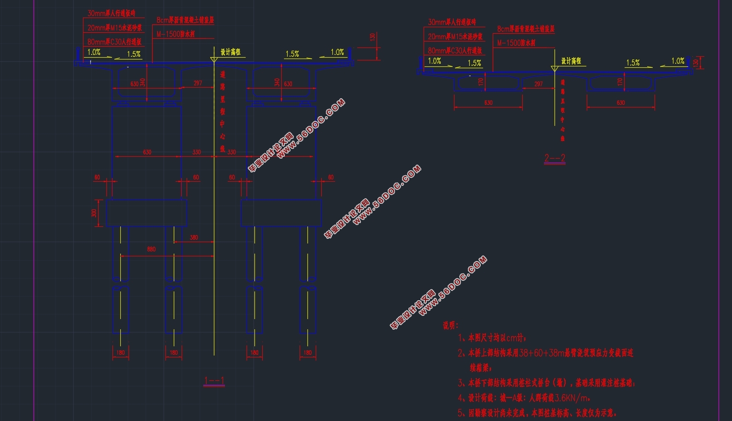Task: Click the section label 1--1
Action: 214,381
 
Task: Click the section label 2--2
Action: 555,158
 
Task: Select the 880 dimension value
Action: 151,249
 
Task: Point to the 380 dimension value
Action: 194,237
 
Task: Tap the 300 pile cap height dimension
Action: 94,213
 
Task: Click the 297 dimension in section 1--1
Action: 198,83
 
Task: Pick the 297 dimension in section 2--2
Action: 538,84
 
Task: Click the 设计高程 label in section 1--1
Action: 230,52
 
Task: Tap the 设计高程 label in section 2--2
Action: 571,61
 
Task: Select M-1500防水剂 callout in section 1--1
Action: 176,34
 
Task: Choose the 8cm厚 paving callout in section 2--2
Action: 525,29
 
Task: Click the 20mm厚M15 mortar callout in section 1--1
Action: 115,28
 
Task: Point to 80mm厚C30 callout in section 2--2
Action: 455,50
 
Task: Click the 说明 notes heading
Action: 450,326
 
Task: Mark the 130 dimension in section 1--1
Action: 372,37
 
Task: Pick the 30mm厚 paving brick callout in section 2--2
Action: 452,22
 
